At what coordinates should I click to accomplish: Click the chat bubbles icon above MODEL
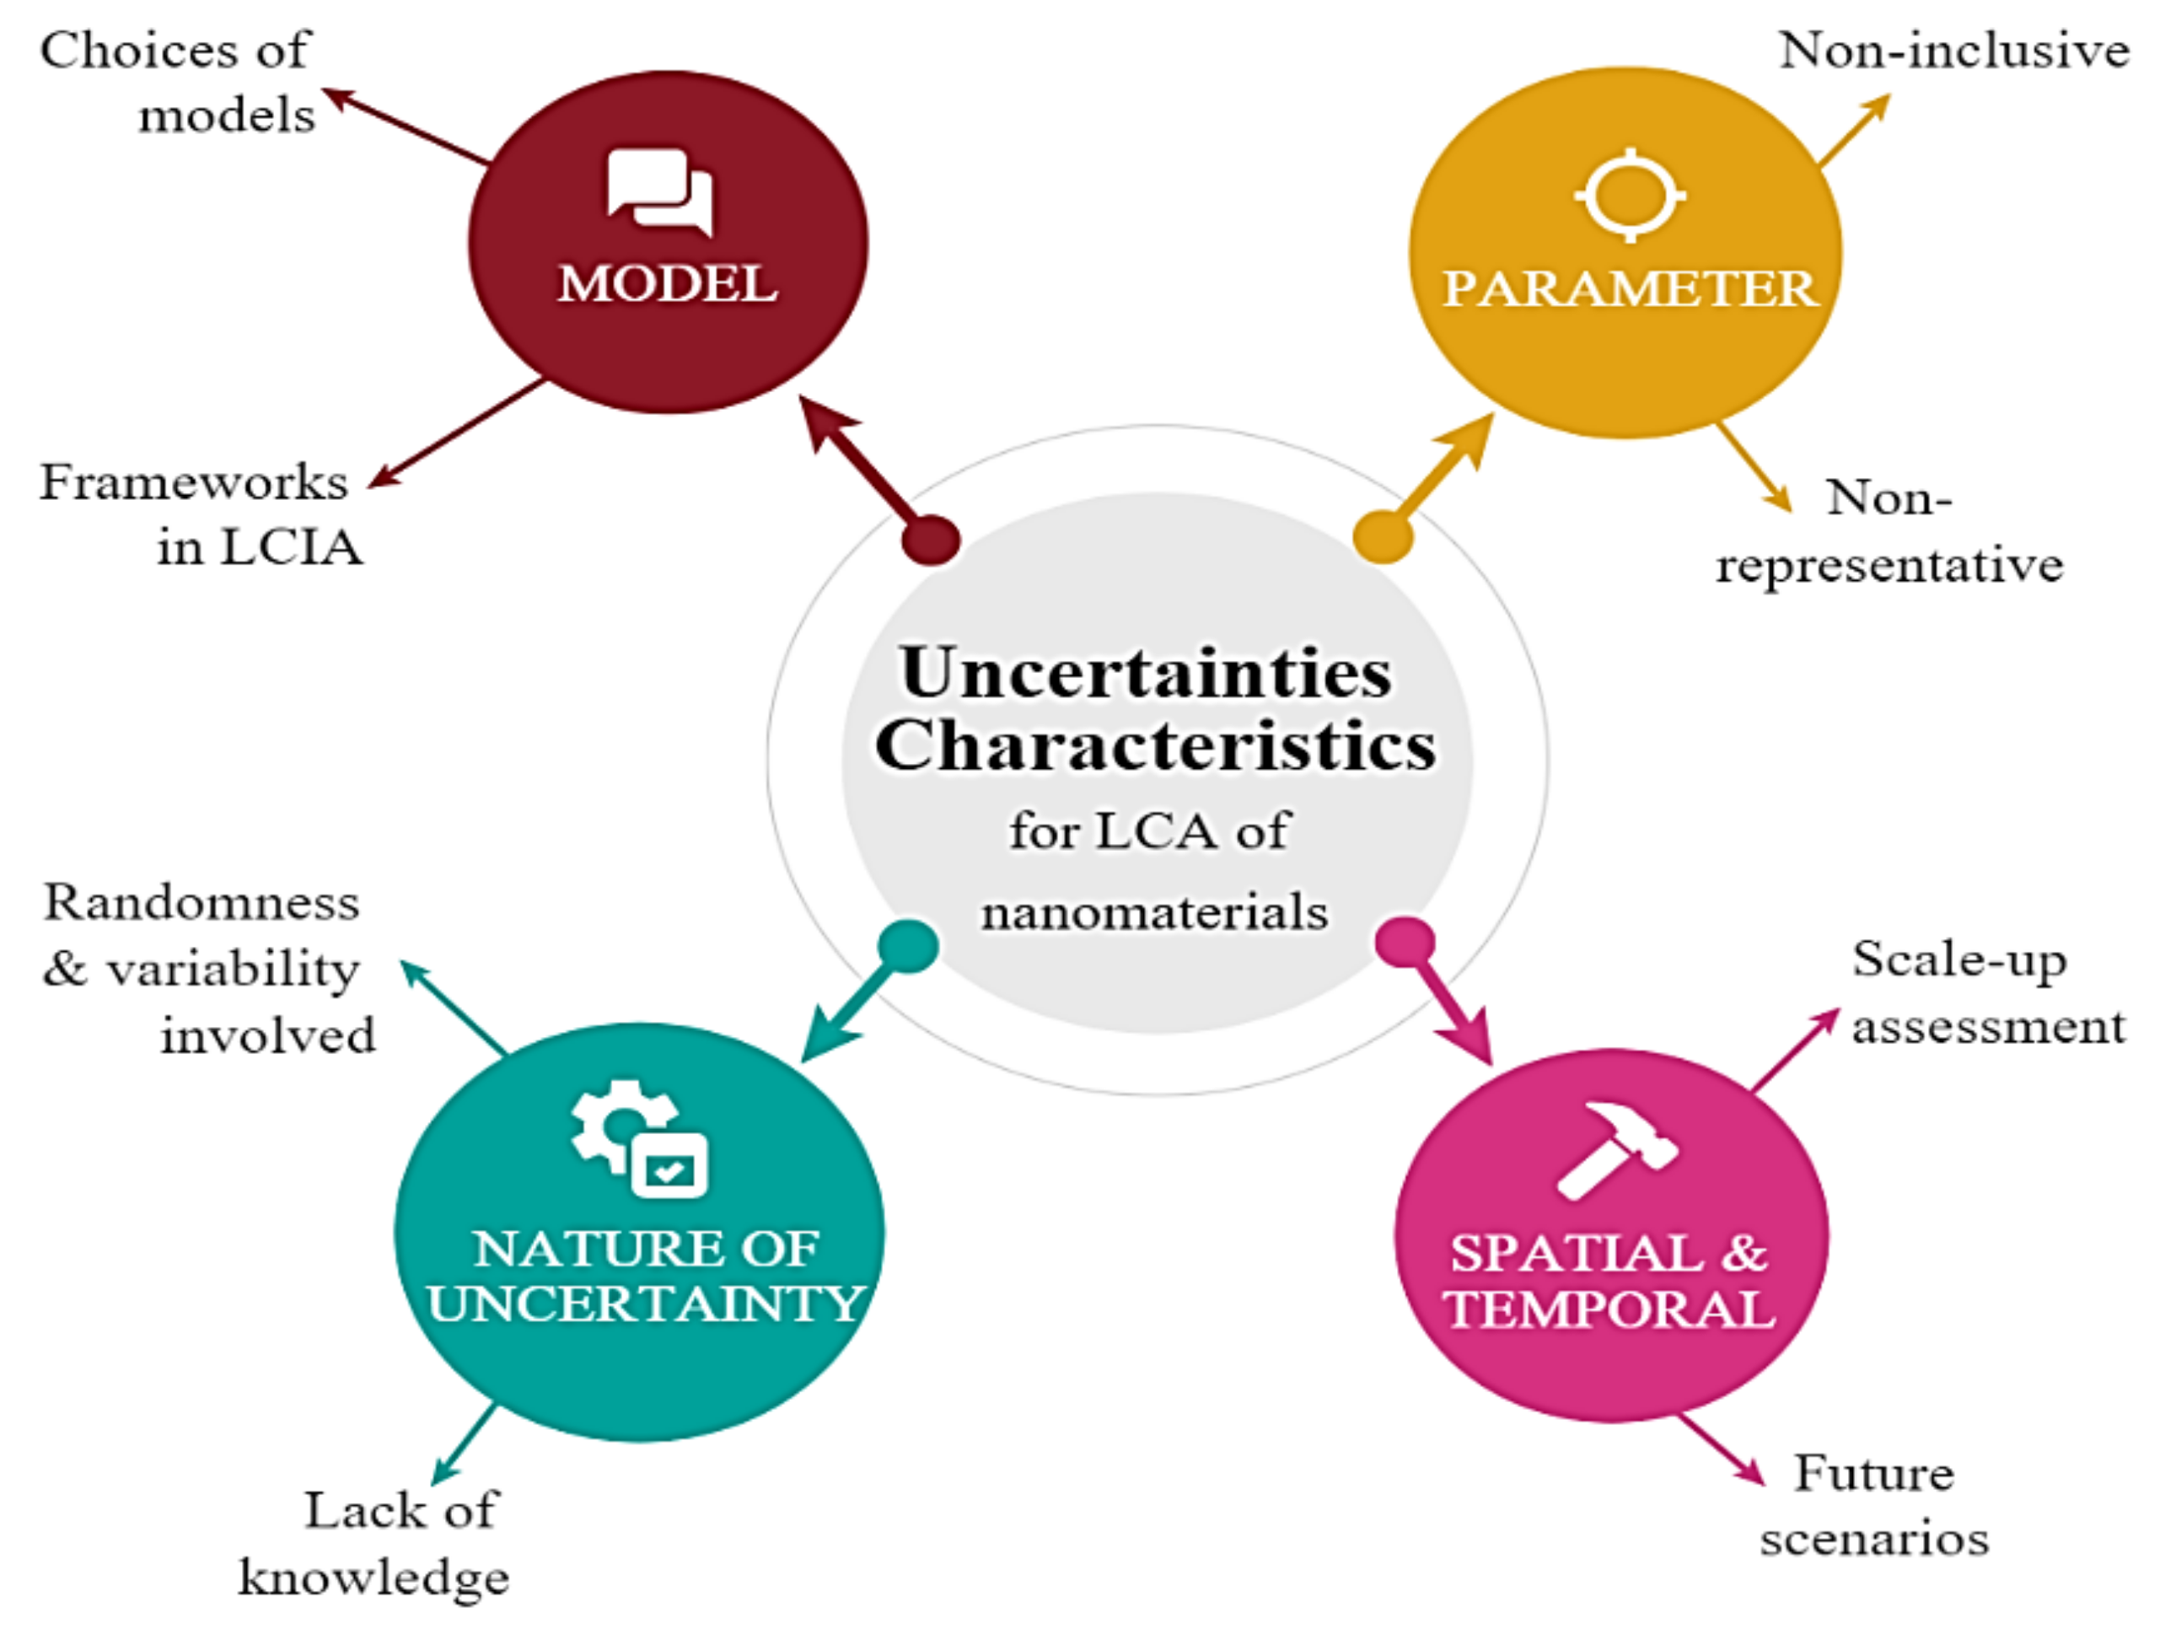(659, 191)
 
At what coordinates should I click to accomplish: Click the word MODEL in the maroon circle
(667, 284)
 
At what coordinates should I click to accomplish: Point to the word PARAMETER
(1629, 289)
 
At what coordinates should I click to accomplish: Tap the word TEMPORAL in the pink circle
(1609, 1309)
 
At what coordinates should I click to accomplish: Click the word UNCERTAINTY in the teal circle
(644, 1304)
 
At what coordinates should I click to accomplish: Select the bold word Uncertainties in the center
(1146, 673)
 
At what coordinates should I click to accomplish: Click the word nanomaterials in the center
(1154, 913)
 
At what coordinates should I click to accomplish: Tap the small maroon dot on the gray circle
(931, 539)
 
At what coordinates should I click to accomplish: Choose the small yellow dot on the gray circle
(1383, 536)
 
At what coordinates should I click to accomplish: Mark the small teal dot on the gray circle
(908, 945)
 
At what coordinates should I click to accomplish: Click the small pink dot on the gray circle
(1405, 943)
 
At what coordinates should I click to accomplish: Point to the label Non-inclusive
(1953, 51)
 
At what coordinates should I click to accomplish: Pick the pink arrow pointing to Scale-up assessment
(1795, 1051)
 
